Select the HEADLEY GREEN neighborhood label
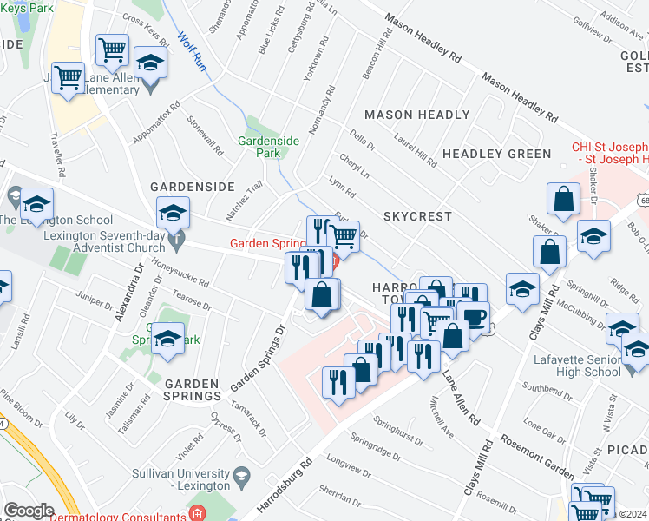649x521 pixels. (x=496, y=154)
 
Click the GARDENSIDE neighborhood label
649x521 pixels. (x=192, y=187)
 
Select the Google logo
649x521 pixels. (x=29, y=511)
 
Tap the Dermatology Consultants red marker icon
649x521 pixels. (x=198, y=514)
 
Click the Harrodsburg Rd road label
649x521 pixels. (x=283, y=490)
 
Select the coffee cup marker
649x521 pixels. (x=474, y=316)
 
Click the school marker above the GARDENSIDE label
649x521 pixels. (x=173, y=212)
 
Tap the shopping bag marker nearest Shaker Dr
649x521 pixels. (x=564, y=199)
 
